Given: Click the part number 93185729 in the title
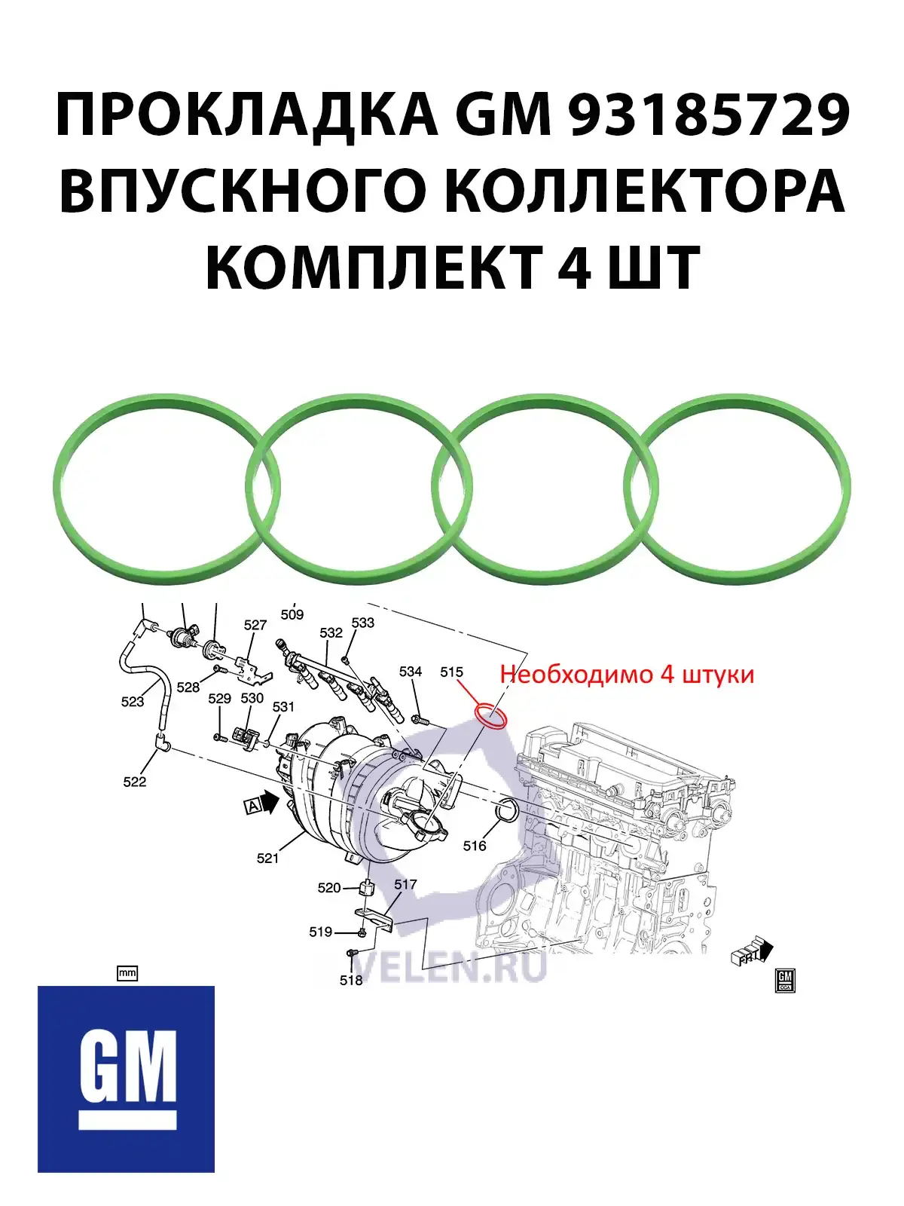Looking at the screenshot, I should [708, 115].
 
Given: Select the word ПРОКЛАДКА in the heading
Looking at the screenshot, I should [245, 115].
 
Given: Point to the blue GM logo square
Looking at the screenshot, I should [126, 1089].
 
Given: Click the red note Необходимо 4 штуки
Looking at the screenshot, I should [627, 673].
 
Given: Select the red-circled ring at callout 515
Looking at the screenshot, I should [490, 717].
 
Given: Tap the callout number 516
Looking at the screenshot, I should [475, 846].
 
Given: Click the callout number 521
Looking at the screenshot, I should [267, 858].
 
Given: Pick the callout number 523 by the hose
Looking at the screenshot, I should [133, 702].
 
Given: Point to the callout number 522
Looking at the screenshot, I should [135, 782].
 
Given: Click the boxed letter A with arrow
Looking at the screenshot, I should [254, 807].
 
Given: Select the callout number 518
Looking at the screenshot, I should [351, 980].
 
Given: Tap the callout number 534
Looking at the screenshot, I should [411, 671].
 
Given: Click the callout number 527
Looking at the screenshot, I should [255, 625].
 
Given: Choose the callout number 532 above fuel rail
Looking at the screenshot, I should [331, 632].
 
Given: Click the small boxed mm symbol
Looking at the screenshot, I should [127, 973].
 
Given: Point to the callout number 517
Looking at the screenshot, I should [405, 884].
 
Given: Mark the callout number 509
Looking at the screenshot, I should [292, 614].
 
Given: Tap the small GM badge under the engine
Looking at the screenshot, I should [784, 980].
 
